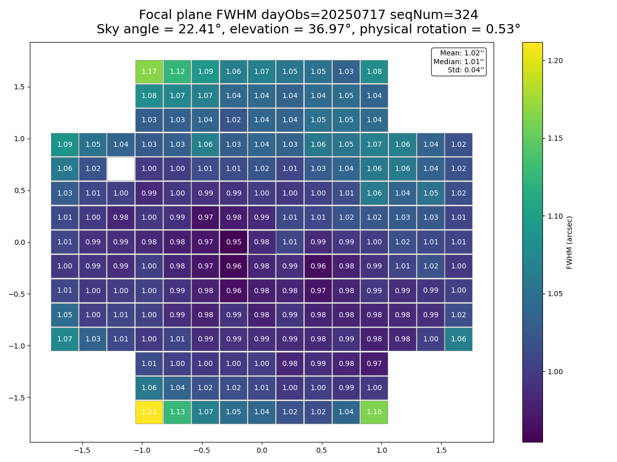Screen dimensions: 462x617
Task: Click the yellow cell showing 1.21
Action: point(149,412)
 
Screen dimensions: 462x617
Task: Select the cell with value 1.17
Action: point(149,71)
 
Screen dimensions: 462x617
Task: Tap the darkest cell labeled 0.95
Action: point(233,242)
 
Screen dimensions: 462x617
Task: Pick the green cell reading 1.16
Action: point(374,412)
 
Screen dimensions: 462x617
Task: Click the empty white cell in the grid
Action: point(121,169)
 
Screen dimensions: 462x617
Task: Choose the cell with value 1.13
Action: point(177,412)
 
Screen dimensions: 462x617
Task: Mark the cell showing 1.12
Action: point(177,71)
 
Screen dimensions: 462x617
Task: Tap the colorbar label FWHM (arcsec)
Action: point(569,242)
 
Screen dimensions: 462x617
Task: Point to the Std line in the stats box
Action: point(466,70)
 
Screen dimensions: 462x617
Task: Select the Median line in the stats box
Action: point(459,62)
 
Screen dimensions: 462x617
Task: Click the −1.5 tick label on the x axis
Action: point(82,450)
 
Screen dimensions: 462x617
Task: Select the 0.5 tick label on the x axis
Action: point(321,450)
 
